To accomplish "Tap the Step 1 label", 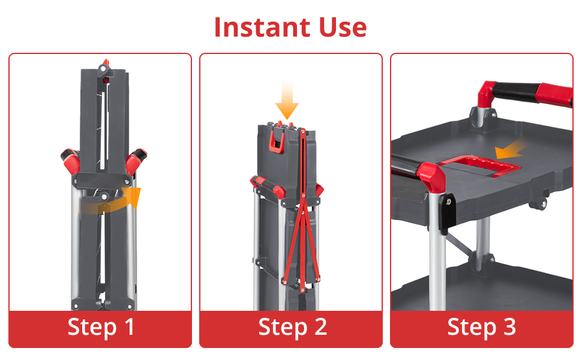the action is click(101, 327).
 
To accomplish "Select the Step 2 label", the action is click(292, 327).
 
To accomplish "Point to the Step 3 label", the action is click(481, 327).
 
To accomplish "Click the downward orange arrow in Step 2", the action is click(287, 99).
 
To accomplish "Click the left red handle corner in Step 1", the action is click(71, 160).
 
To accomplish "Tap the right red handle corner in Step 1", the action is click(135, 160).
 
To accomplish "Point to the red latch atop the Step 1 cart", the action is click(106, 63).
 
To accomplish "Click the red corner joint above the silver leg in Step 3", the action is click(431, 177).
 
